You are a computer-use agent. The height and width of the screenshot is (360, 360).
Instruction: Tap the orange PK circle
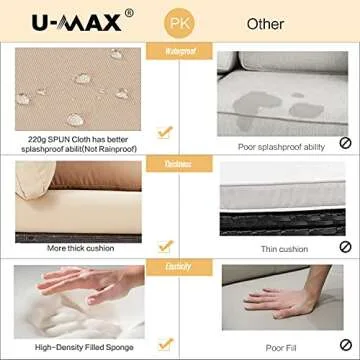[x=180, y=22]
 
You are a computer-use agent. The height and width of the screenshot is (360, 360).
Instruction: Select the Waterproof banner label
[x=180, y=49]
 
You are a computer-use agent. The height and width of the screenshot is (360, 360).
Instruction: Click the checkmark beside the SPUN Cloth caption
[x=164, y=130]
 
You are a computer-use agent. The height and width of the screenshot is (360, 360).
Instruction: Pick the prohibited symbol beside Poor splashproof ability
[x=345, y=142]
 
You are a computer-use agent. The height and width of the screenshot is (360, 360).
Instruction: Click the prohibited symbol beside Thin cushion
[x=345, y=246]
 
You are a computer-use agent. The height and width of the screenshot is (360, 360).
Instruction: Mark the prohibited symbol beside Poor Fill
[x=345, y=344]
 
